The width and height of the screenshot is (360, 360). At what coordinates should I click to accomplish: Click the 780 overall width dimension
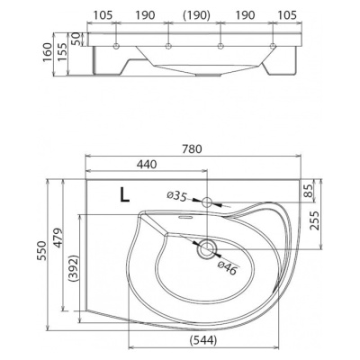[192, 149]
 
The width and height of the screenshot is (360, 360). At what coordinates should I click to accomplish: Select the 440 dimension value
[147, 164]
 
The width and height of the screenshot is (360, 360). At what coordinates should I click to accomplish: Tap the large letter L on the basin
[125, 194]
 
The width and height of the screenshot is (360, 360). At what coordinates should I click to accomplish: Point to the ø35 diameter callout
[177, 196]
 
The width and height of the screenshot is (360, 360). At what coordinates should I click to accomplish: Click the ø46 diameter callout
[228, 267]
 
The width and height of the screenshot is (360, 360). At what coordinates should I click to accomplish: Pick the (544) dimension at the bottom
[203, 340]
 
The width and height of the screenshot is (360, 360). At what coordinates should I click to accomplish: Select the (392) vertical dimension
[73, 268]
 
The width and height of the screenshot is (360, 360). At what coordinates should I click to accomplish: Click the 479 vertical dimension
[58, 238]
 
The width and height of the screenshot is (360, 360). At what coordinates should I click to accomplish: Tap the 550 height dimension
[42, 250]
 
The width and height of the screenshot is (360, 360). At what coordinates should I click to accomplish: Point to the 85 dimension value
[308, 191]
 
